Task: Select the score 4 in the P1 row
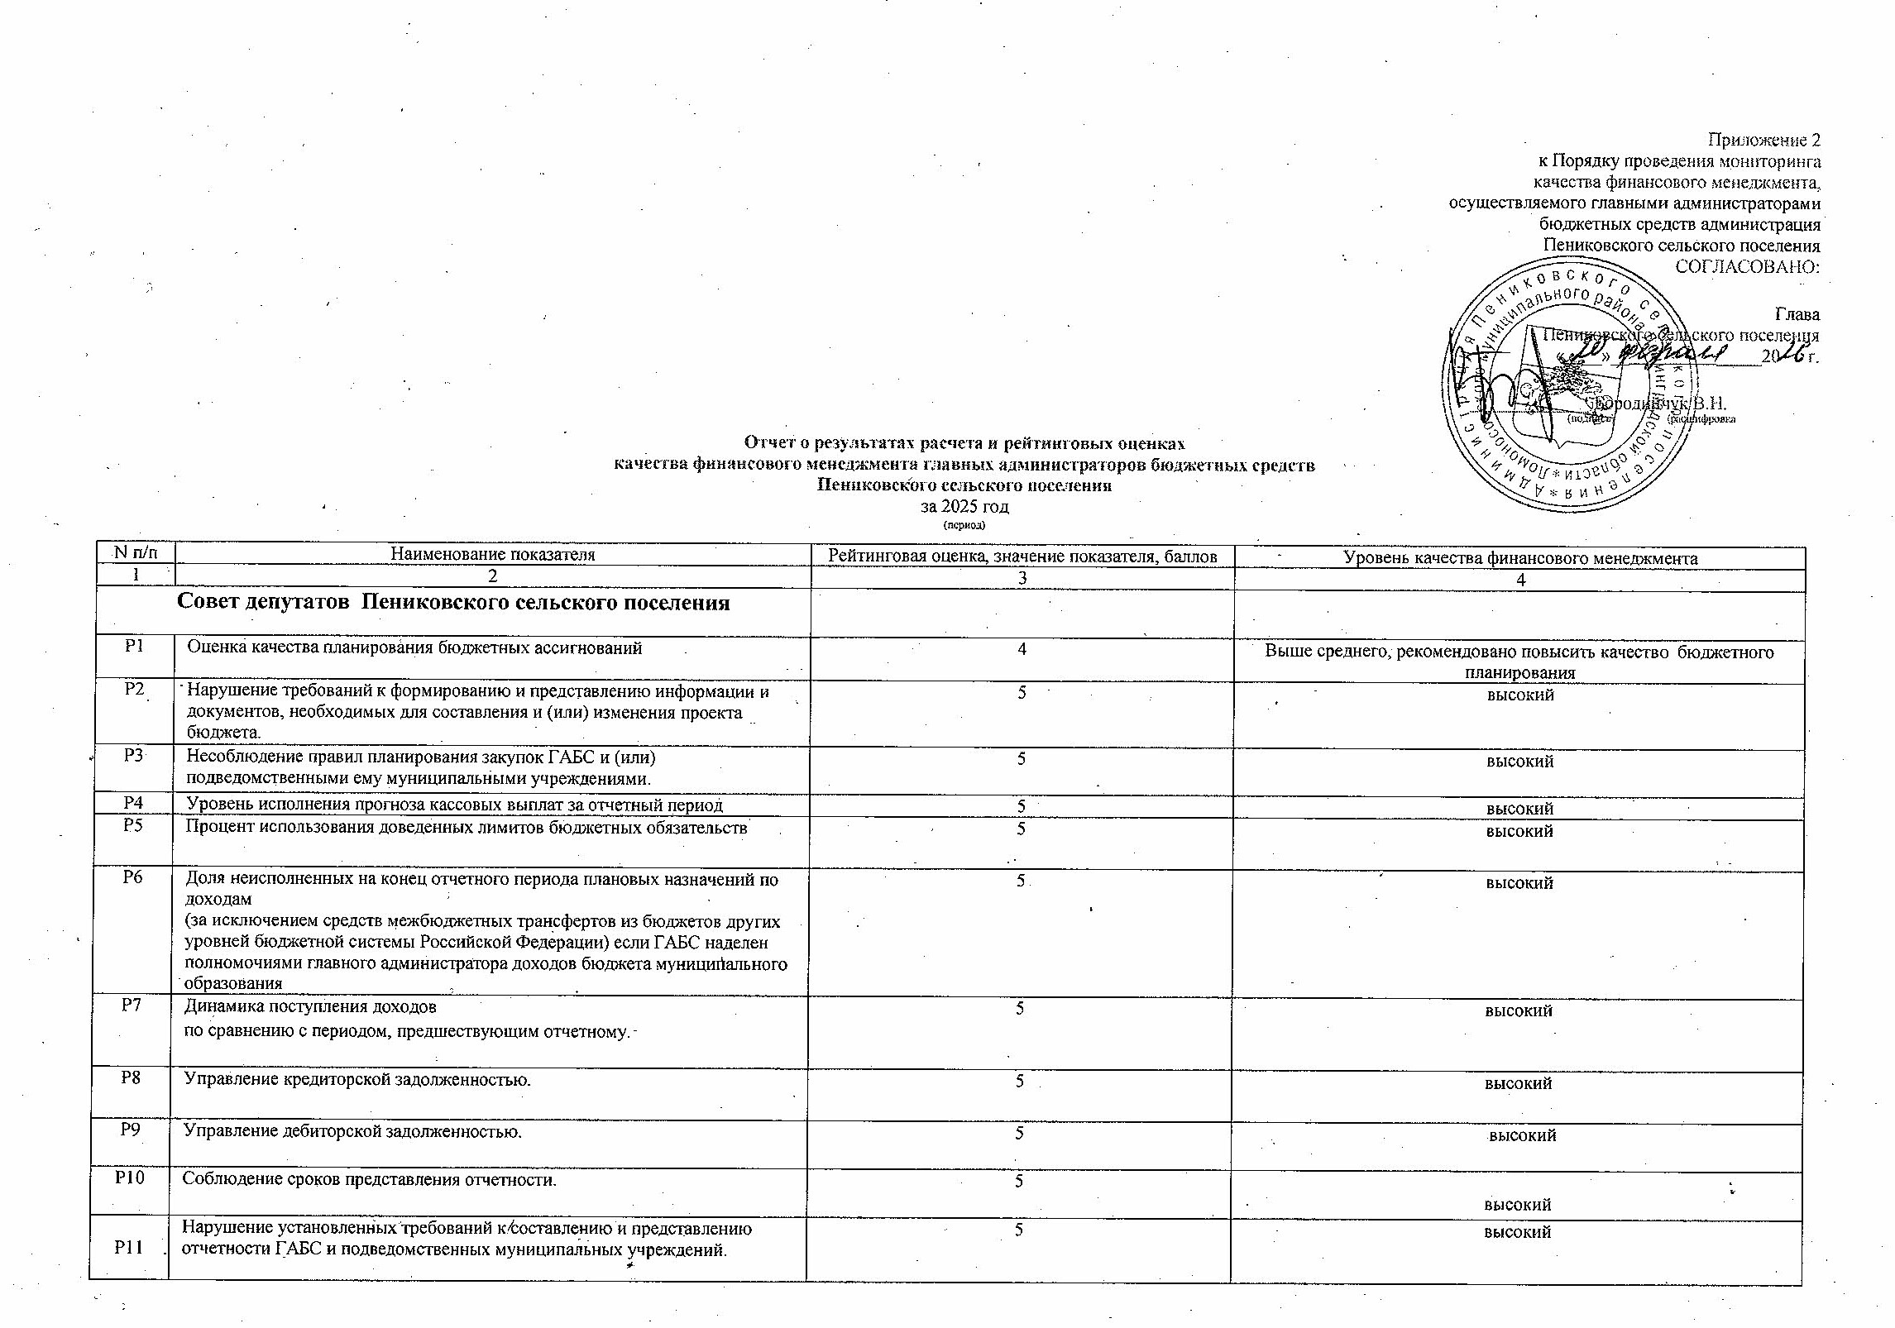coord(1022,650)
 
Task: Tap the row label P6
coord(133,878)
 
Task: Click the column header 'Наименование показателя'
coord(493,555)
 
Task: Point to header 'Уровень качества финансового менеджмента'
coord(1520,558)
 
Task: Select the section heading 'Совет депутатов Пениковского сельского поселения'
coord(453,603)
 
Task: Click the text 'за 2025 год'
coord(964,506)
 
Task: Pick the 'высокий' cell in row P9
coord(1522,1136)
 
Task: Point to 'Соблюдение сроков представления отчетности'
coord(369,1179)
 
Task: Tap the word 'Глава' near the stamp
coord(1797,314)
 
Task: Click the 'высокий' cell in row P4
coord(1519,808)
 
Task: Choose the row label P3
coord(133,755)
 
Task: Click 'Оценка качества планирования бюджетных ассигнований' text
coord(414,648)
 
